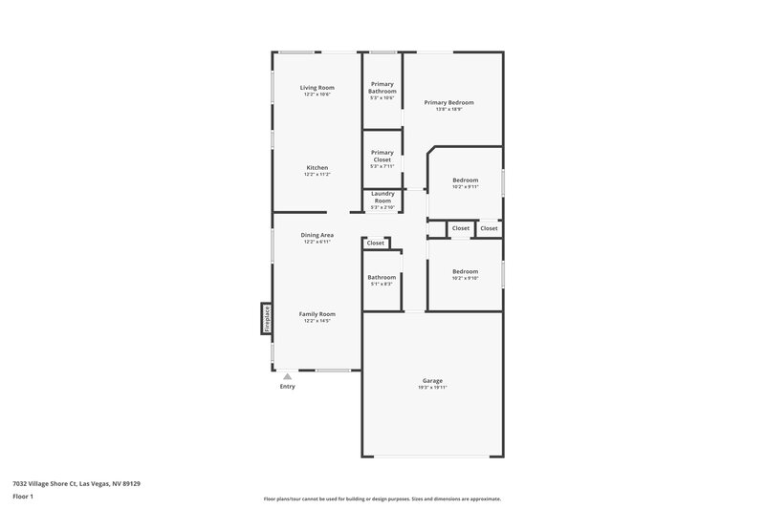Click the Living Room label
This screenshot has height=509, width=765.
pyautogui.click(x=317, y=87)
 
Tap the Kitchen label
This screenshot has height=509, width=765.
pyautogui.click(x=317, y=167)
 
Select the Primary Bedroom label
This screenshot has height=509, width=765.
pyautogui.click(x=448, y=102)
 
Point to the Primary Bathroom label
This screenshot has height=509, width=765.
pyautogui.click(x=382, y=87)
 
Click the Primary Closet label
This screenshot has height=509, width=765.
pyautogui.click(x=382, y=156)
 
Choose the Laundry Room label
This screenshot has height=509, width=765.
pyautogui.click(x=382, y=197)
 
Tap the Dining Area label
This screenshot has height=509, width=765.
pyautogui.click(x=317, y=234)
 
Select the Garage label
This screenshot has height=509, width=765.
pyautogui.click(x=432, y=380)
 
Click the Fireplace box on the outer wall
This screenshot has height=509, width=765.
pyautogui.click(x=266, y=319)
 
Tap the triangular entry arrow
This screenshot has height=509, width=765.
pyautogui.click(x=287, y=376)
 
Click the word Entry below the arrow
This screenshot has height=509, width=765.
pyautogui.click(x=287, y=387)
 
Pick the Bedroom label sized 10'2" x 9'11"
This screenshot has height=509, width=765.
pyautogui.click(x=465, y=180)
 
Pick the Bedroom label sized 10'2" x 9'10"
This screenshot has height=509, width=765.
pyautogui.click(x=465, y=271)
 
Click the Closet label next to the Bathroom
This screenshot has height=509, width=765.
pyautogui.click(x=376, y=243)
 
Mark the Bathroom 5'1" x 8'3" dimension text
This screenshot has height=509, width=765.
pyautogui.click(x=382, y=284)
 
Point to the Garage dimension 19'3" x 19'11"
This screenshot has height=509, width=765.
pyautogui.click(x=432, y=388)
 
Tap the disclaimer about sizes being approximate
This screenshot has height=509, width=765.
pyautogui.click(x=382, y=498)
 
